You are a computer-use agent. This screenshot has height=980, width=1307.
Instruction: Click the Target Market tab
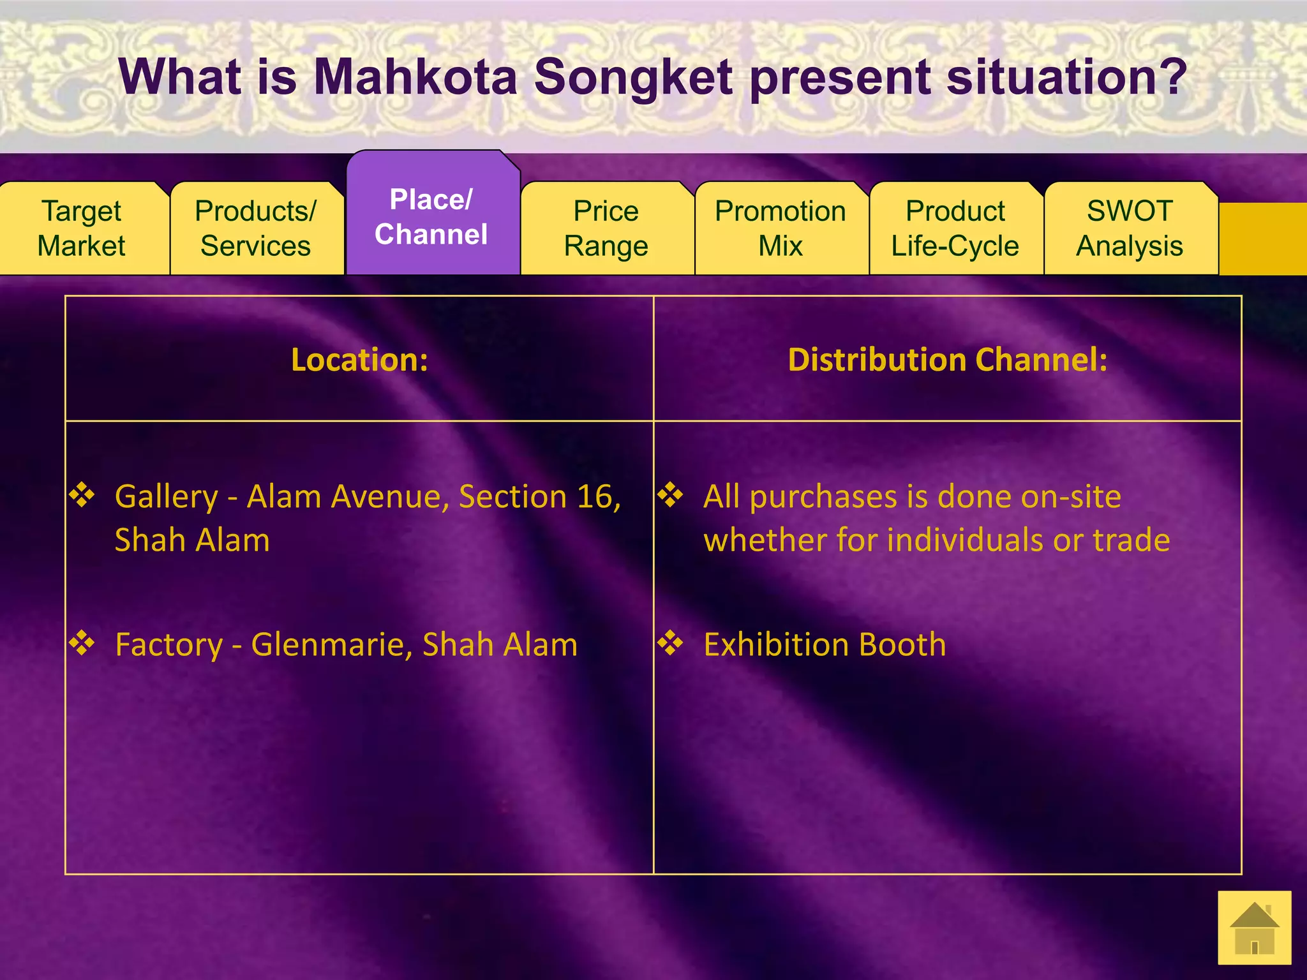82,228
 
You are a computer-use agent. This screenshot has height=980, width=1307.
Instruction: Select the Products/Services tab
256,228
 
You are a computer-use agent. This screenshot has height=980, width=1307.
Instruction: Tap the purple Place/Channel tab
431,217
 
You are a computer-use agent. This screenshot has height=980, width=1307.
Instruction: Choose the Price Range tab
606,228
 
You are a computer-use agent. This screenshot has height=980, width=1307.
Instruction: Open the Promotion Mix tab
780,228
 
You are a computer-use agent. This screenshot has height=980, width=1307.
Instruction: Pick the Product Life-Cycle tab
955,228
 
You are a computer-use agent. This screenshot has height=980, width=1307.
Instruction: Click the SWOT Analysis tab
1130,228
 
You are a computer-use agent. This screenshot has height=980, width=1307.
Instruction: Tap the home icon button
1254,928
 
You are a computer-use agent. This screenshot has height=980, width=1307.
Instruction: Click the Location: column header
359,360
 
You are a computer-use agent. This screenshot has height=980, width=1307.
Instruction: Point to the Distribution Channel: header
948,360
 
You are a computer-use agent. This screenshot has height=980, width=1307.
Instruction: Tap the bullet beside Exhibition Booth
671,643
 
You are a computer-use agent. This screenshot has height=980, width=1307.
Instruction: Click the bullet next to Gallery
82,495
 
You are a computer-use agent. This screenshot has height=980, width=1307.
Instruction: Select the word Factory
168,645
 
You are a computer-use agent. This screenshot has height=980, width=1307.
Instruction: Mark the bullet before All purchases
671,495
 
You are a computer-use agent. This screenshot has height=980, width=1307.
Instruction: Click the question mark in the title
1172,77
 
